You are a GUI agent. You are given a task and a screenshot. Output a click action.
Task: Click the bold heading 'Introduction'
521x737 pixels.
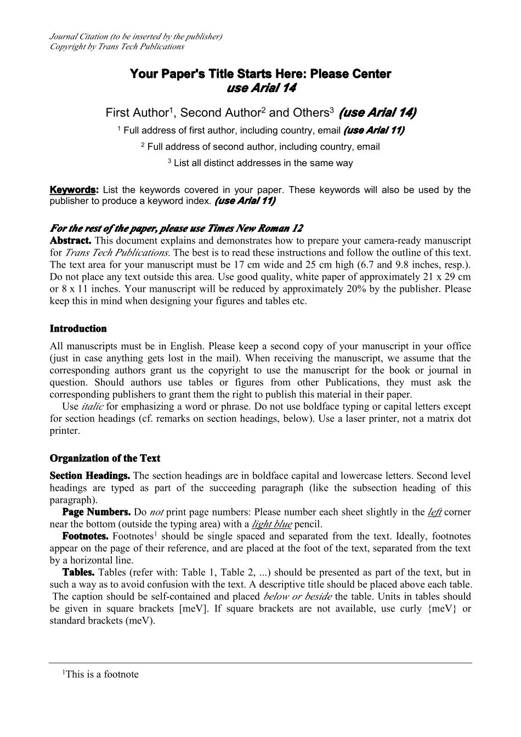(78, 329)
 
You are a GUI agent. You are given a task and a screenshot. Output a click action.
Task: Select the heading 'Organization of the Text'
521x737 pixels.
(105, 458)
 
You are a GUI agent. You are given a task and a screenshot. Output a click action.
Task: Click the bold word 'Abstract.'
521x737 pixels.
(70, 241)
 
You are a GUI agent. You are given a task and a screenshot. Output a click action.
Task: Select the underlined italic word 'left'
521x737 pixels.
(434, 512)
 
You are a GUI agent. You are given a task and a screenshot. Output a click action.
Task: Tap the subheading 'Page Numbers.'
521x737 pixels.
(96, 512)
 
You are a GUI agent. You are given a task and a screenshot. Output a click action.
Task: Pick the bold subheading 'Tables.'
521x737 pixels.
(78, 572)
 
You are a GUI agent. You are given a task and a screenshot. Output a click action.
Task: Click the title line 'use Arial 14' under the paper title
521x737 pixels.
(261, 88)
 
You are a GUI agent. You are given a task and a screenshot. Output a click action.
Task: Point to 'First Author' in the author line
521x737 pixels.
(137, 113)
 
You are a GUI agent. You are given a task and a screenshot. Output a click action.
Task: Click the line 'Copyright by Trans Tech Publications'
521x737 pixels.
(117, 47)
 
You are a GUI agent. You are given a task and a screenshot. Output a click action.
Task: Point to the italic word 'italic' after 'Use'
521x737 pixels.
(92, 407)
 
